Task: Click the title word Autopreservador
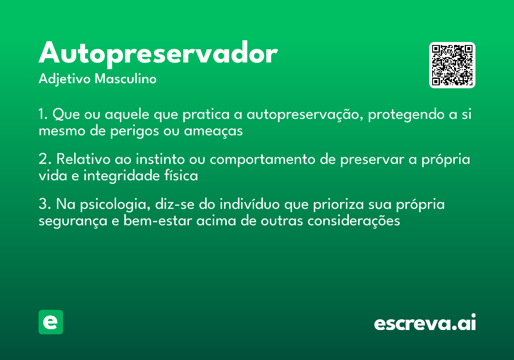pos(158,54)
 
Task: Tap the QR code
pos(452,65)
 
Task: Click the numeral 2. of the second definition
pos(45,159)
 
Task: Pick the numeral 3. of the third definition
pos(45,204)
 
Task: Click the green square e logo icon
pos(51,322)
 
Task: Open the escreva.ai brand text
pos(425,322)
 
